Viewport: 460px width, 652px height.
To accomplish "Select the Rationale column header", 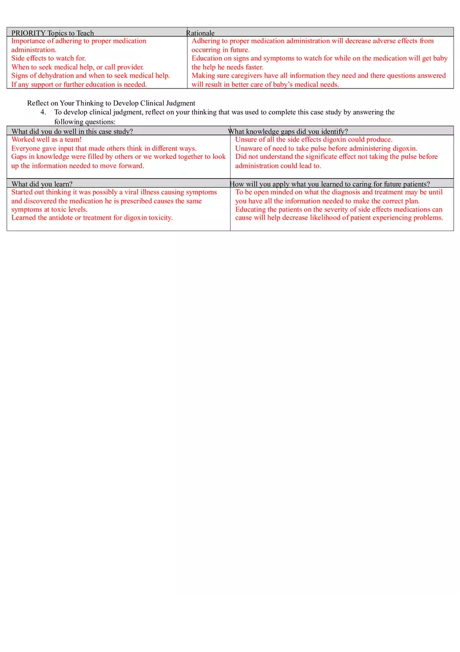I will (200, 33).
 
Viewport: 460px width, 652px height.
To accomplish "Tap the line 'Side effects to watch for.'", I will (49, 58).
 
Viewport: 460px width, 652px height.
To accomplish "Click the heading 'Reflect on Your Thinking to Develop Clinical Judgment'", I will (111, 103).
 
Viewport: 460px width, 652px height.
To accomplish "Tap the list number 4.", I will (43, 112).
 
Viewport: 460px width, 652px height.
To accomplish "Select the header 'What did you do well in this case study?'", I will (72, 131).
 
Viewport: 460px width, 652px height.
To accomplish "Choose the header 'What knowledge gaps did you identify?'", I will (288, 131).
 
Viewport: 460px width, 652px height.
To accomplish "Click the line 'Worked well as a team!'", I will (47, 140).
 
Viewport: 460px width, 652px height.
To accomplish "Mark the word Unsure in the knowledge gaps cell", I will (246, 140).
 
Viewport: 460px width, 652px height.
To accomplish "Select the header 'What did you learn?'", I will (42, 184).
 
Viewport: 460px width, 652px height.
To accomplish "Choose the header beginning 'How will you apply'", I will (330, 184).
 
